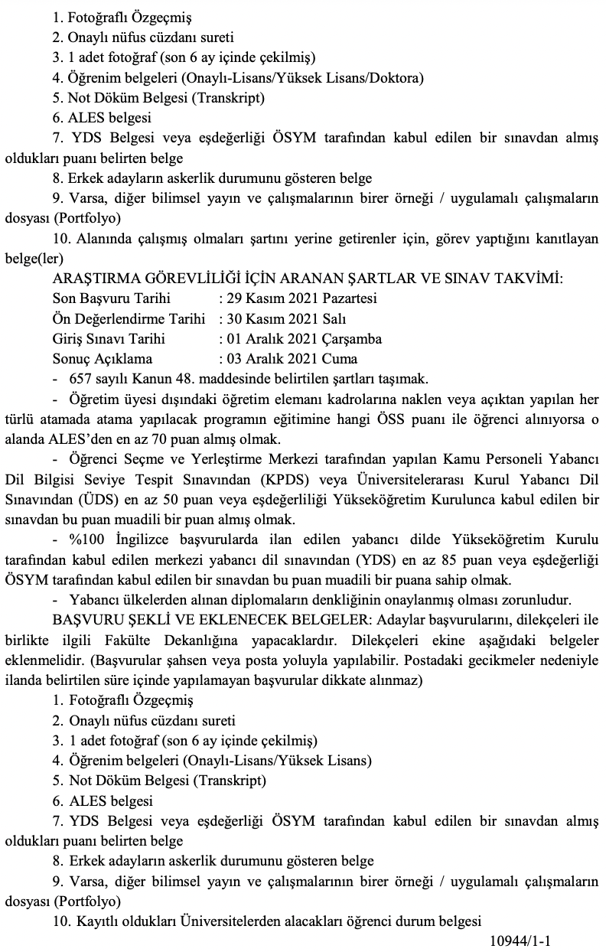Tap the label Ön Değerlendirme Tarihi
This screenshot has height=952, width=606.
pyautogui.click(x=129, y=318)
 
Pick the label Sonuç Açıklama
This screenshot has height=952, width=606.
pyautogui.click(x=103, y=358)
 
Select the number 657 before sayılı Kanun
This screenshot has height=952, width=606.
pyautogui.click(x=81, y=379)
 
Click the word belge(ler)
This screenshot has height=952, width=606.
pyautogui.click(x=34, y=259)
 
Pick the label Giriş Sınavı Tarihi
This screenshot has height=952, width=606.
pyautogui.click(x=109, y=338)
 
